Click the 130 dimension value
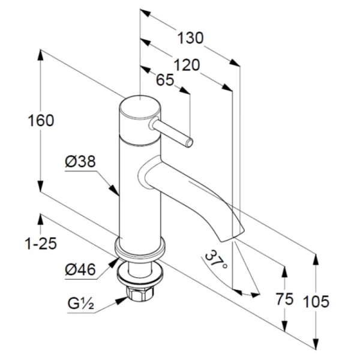[191, 38]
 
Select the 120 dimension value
[187, 65]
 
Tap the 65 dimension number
[165, 80]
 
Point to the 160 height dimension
[41, 120]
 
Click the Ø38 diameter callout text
[80, 161]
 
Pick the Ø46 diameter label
[80, 270]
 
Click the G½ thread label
[79, 305]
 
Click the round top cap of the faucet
[139, 112]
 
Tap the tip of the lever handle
[190, 143]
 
